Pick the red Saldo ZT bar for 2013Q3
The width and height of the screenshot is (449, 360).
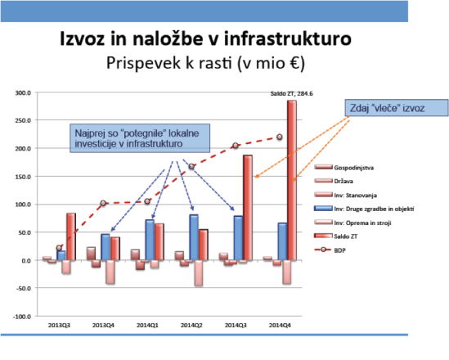(x=71, y=236)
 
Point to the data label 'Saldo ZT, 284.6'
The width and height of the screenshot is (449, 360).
(x=292, y=93)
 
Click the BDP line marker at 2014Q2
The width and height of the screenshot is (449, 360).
(x=191, y=166)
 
